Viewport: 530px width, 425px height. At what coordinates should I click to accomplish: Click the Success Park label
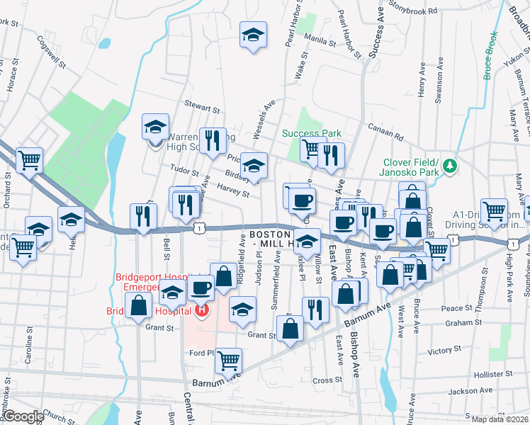[312, 133]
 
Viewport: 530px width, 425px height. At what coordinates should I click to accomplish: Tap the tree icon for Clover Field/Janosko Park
[449, 166]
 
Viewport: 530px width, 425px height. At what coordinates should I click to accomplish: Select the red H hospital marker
[203, 310]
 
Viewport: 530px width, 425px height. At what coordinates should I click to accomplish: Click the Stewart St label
[202, 107]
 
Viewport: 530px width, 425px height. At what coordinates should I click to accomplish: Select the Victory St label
[444, 351]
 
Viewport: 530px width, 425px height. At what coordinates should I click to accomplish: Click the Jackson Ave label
[470, 391]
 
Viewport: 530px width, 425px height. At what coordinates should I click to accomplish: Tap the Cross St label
[327, 380]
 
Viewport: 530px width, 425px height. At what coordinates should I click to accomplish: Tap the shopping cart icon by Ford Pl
[228, 361]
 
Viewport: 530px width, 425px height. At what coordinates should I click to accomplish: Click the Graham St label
[464, 323]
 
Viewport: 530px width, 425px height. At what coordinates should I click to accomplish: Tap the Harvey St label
[233, 191]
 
